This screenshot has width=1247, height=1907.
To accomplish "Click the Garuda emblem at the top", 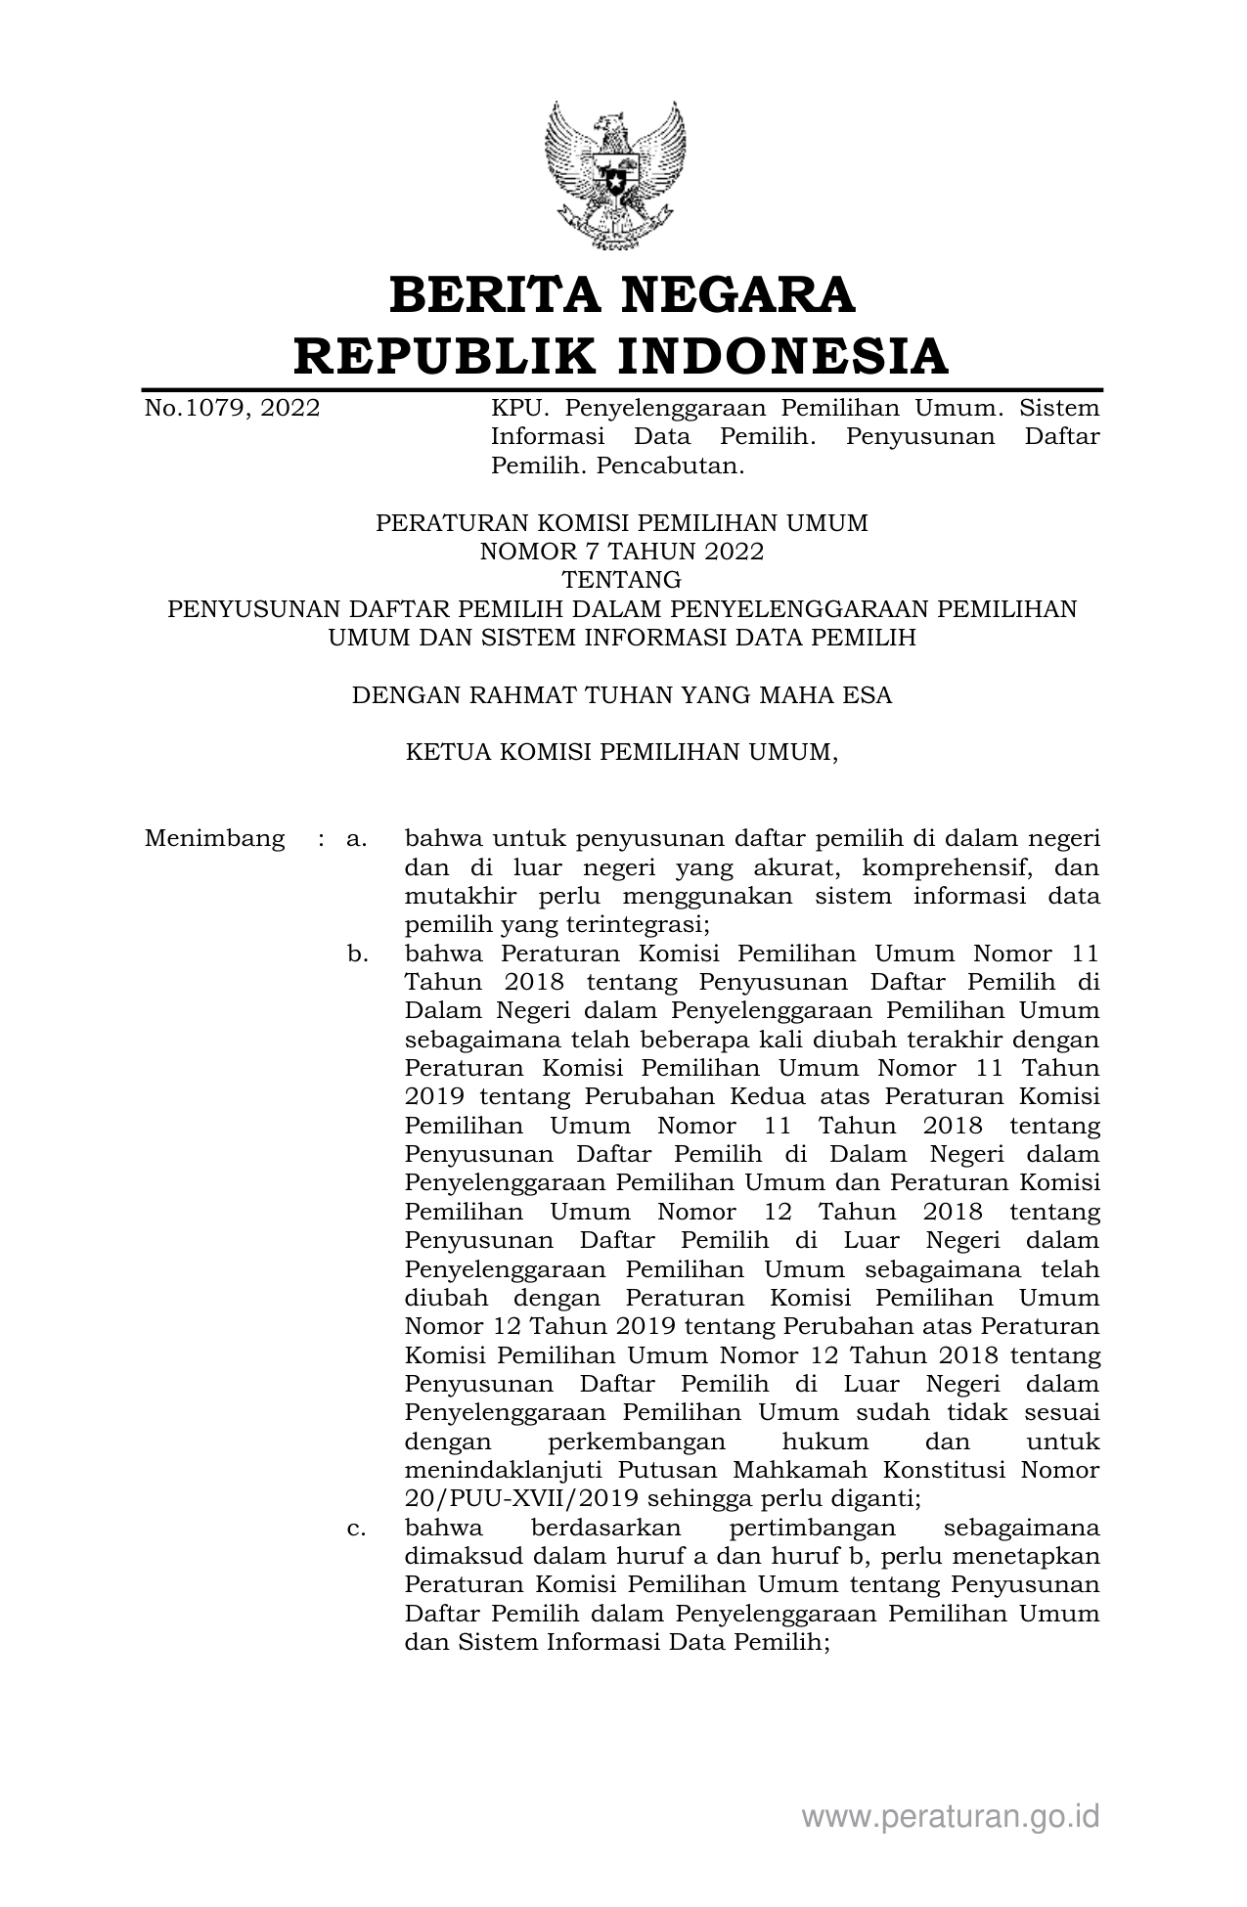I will [615, 176].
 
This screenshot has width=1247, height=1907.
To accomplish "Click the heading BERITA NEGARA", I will [622, 295].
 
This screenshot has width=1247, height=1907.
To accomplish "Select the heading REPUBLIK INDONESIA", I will [622, 355].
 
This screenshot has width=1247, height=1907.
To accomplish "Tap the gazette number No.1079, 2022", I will [232, 408].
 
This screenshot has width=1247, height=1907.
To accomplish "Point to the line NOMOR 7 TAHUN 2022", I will [622, 552].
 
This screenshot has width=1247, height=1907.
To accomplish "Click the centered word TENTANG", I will [622, 581].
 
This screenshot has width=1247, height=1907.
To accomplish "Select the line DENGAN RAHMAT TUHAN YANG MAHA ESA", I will [622, 695].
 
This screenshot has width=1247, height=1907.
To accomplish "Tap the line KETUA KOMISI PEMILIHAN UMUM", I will [622, 753].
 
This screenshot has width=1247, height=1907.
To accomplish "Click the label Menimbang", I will [215, 839].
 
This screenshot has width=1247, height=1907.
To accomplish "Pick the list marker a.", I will [356, 839].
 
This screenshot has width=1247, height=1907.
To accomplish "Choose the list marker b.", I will [357, 953].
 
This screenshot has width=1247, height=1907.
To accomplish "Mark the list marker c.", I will [356, 1528].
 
